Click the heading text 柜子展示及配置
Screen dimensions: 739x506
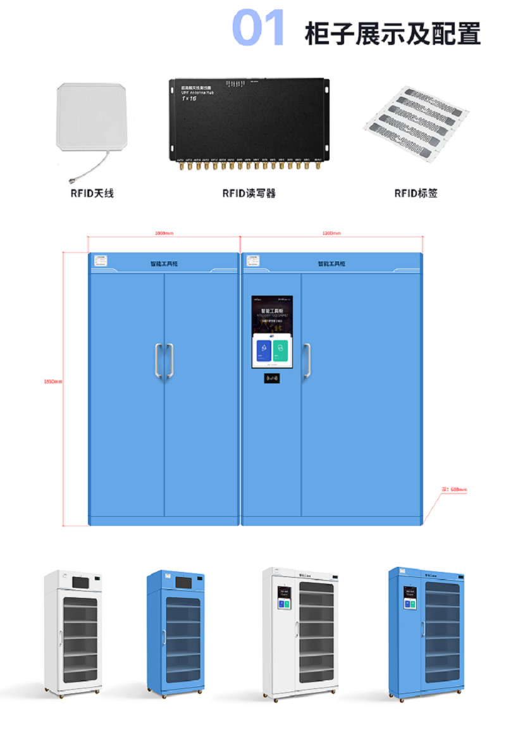coord(392,33)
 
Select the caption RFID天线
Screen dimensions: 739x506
coord(92,193)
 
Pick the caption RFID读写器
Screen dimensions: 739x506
coord(249,193)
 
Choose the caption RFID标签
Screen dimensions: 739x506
coord(416,193)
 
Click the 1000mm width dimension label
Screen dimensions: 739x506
coord(164,233)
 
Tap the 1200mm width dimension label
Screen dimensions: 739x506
coord(331,233)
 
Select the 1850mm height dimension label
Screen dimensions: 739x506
coord(53,382)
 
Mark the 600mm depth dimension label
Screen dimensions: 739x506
coord(454,489)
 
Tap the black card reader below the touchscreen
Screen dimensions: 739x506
coord(273,378)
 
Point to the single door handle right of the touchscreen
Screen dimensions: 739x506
coord(307,361)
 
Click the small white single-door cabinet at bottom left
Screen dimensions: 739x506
coord(73,633)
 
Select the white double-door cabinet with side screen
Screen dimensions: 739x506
coord(299,633)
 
